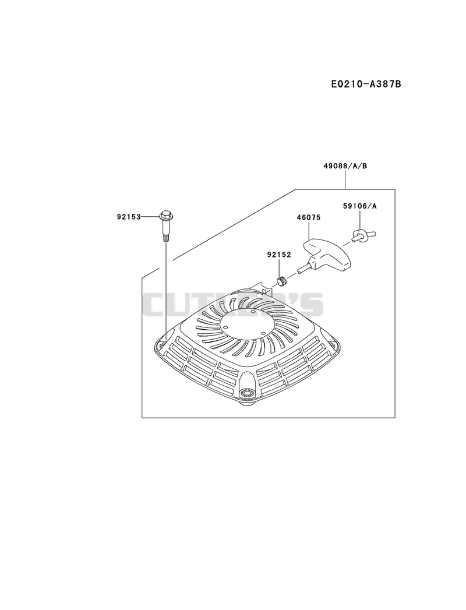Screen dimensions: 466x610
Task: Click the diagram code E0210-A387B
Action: pos(366,83)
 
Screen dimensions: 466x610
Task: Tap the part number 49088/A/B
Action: pos(345,166)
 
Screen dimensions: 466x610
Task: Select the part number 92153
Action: pos(128,216)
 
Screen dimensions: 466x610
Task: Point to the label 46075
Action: pos(309,217)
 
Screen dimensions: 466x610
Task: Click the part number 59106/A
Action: pos(360,206)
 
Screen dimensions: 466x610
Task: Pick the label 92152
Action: pos(279,255)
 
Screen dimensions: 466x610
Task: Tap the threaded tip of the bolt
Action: pos(165,238)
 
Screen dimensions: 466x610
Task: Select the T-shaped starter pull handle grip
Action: pos(327,254)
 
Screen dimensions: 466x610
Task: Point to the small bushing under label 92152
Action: pos(281,279)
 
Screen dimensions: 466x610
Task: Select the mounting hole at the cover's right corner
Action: pos(333,343)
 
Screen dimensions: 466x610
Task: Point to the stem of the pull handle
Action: pos(304,268)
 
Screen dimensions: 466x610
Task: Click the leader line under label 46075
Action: pos(309,231)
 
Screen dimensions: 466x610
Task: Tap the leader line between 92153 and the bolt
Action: pos(150,216)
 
